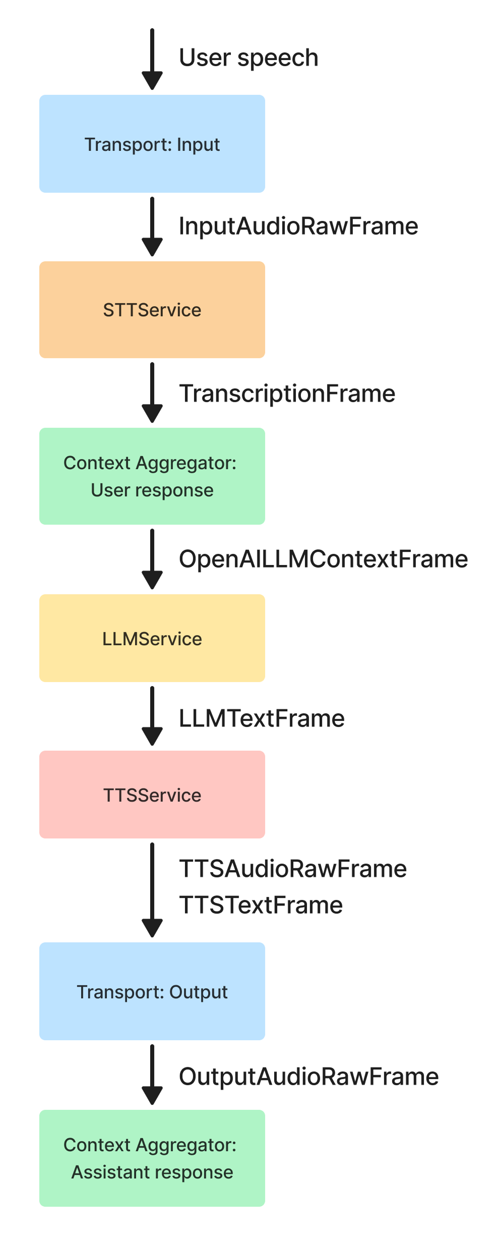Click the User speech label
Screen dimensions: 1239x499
248,58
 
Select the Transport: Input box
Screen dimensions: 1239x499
152,144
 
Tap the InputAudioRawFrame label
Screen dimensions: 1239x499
298,226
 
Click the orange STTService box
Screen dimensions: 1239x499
152,310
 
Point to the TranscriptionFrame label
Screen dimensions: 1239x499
287,393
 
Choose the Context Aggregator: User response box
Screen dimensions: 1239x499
152,476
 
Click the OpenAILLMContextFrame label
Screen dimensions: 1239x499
323,559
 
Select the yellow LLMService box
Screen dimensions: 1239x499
152,638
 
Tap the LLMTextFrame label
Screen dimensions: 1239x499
262,718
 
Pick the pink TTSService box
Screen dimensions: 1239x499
152,795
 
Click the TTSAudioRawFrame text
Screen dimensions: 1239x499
293,869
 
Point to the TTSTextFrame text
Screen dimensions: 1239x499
261,905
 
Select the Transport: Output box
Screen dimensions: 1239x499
152,991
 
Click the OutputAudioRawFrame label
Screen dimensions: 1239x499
308,1077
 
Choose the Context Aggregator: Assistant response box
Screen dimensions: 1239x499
152,1158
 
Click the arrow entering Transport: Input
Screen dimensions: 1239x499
152,60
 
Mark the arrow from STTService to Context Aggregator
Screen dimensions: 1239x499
152,392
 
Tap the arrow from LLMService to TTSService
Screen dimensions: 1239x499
152,716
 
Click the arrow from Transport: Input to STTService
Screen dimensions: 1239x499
152,227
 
